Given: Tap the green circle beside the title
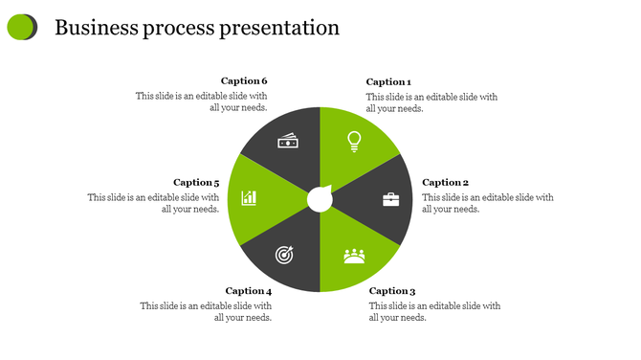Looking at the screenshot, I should (x=21, y=28).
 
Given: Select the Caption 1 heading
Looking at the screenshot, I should (x=388, y=82).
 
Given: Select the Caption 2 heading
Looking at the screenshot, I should (x=445, y=182).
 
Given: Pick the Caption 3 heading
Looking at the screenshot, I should (x=392, y=291).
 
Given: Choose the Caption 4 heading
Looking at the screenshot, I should (x=249, y=291).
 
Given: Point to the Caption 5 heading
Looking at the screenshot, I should (x=196, y=182).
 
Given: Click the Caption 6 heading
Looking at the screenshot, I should (x=244, y=81).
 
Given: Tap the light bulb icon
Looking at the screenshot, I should (x=354, y=142).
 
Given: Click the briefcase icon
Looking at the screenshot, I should (x=391, y=199).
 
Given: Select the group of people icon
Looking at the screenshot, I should (x=355, y=256).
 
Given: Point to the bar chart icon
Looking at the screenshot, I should (x=249, y=198).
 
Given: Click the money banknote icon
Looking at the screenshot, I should (x=288, y=142).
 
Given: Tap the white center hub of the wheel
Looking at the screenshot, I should (x=320, y=199).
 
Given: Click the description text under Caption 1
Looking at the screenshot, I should (x=431, y=102).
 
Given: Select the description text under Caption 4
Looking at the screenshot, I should (x=207, y=312).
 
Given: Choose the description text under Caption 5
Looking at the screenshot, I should (x=154, y=203).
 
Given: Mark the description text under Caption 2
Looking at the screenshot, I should (x=488, y=203).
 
